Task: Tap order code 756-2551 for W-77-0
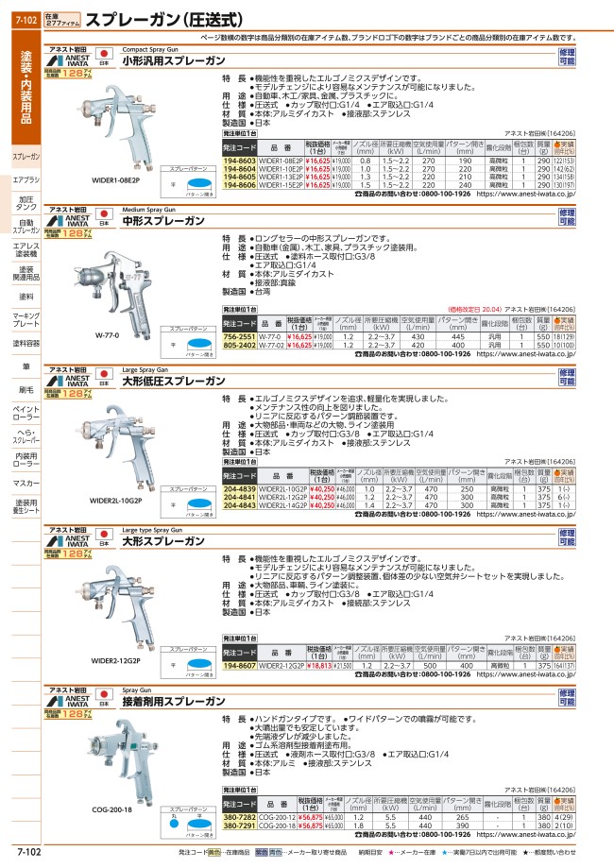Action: (238, 336)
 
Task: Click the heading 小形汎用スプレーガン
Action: (168, 60)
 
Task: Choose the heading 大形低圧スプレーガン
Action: (168, 382)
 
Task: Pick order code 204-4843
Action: (238, 505)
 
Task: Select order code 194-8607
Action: (238, 667)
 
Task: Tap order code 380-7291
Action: (238, 825)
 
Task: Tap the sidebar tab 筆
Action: (26, 366)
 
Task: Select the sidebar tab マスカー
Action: (26, 483)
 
